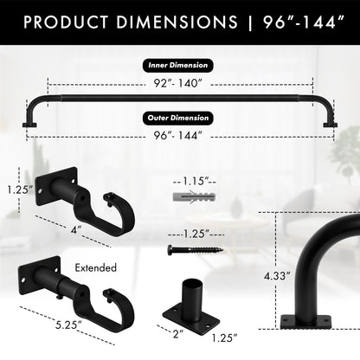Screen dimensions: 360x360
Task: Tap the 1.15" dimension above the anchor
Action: point(196,181)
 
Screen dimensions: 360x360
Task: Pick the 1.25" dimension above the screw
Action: point(195,233)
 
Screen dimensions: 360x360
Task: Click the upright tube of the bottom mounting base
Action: point(189,292)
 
